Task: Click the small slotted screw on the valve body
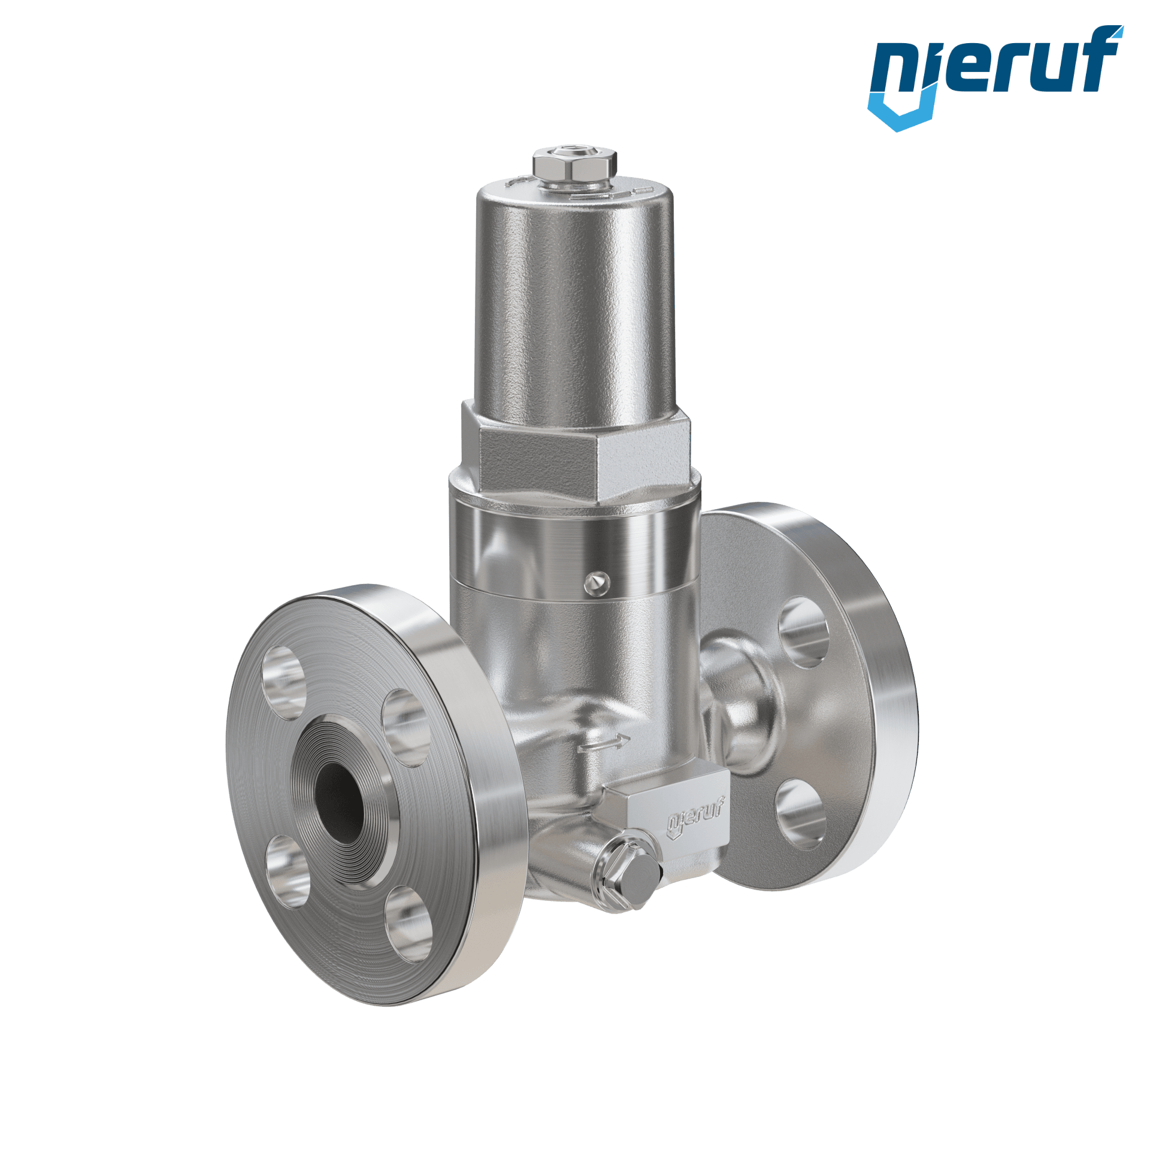click(597, 583)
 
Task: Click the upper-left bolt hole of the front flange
click(283, 682)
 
